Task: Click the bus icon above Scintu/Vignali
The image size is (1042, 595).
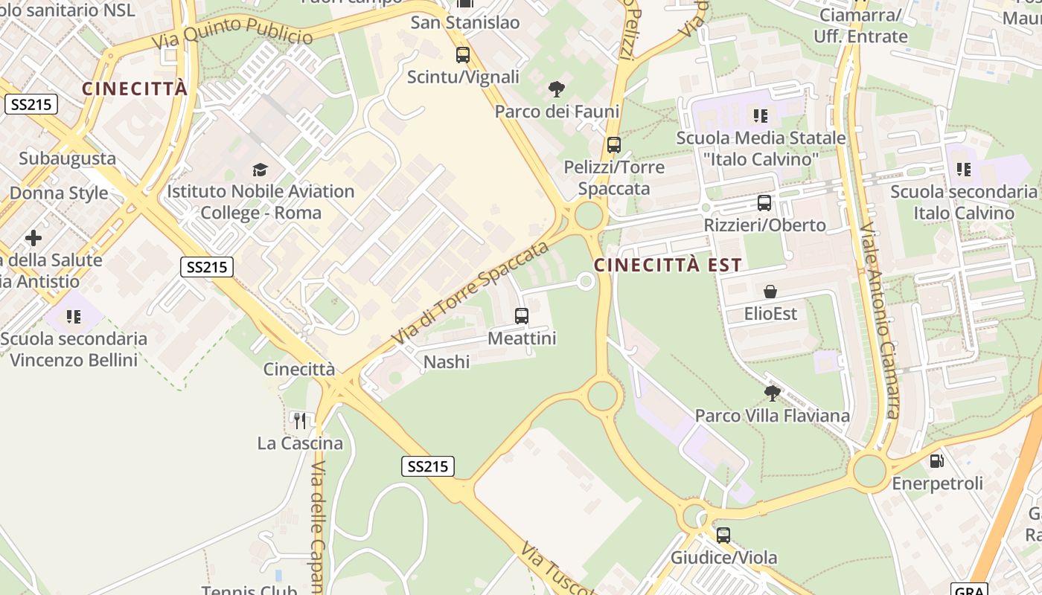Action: tap(463, 54)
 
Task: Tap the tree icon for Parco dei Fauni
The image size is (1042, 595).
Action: tap(556, 90)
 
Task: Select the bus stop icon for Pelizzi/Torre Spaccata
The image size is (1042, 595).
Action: tap(614, 145)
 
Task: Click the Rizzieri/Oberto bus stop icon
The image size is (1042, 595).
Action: tap(764, 202)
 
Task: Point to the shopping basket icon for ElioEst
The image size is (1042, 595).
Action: tap(770, 292)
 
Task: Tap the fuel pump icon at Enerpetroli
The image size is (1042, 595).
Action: tap(937, 461)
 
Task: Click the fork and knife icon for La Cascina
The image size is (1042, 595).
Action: tap(300, 421)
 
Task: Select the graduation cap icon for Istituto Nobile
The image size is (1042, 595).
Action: tap(260, 170)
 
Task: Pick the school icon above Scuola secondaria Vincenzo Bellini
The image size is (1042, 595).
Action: tap(73, 317)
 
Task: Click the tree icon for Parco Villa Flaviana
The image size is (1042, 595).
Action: tap(772, 393)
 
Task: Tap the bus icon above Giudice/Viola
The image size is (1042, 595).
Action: tap(723, 535)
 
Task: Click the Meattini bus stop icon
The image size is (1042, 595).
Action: tap(522, 316)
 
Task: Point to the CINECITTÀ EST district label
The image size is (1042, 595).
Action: tap(668, 265)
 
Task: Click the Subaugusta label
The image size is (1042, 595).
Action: tap(67, 158)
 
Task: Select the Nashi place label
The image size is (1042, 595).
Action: tap(447, 362)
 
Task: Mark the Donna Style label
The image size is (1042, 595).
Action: tap(59, 193)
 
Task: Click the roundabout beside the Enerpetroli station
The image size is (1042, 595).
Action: tap(869, 471)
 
